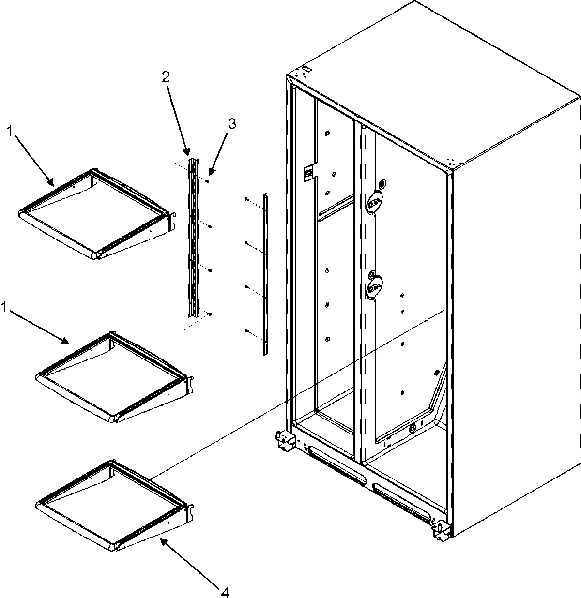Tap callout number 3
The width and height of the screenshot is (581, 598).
[x=232, y=124]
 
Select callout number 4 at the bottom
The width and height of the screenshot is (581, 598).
[x=225, y=591]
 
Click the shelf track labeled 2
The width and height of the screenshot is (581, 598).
[x=194, y=237]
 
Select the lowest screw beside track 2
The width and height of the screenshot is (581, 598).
[x=210, y=314]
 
